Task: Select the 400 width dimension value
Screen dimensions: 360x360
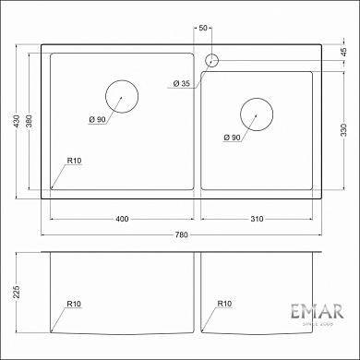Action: click(122, 219)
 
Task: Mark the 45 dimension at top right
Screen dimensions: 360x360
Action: click(343, 51)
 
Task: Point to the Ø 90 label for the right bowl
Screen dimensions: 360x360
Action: click(233, 138)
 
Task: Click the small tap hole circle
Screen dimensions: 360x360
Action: click(211, 61)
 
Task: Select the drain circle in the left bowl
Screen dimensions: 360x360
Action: click(121, 96)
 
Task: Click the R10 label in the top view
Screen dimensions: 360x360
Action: click(75, 162)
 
